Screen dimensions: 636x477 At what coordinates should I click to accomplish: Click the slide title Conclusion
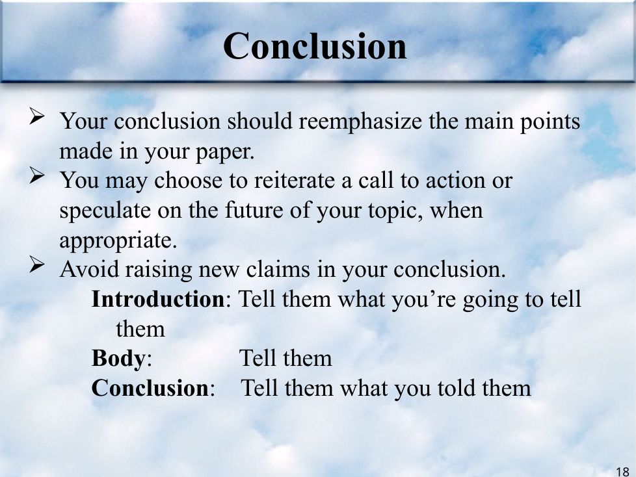tap(315, 46)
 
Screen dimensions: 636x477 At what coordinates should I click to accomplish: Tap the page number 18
tap(622, 471)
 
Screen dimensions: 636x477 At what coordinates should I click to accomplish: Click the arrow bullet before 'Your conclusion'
tap(37, 116)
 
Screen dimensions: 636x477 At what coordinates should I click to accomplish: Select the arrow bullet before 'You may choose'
tap(37, 176)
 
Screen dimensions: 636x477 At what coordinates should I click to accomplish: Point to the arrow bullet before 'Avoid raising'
tap(37, 265)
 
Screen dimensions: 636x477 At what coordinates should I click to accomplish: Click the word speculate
tap(105, 211)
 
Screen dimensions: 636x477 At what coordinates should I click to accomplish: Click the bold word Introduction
tap(158, 299)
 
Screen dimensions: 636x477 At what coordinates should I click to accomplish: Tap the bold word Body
tap(118, 359)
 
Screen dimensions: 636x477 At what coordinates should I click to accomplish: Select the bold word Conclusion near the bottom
tap(150, 388)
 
